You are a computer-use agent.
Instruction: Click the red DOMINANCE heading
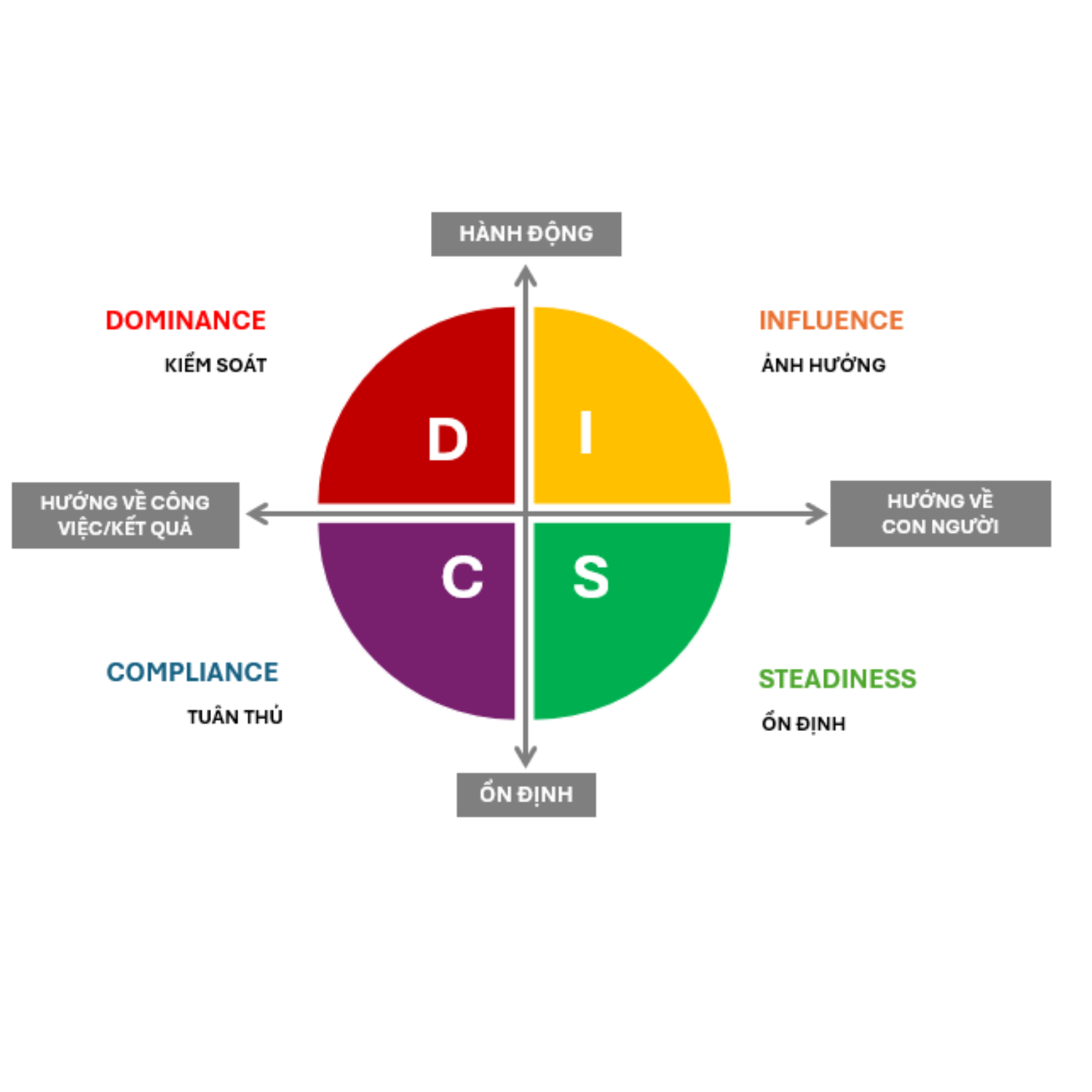(x=186, y=320)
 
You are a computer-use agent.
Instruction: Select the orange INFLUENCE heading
(x=831, y=320)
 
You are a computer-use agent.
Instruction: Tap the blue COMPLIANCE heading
(x=192, y=672)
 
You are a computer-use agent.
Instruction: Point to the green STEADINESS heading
(x=837, y=678)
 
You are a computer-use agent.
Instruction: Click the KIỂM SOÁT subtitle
(x=215, y=365)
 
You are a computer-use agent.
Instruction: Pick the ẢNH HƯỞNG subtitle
(x=823, y=365)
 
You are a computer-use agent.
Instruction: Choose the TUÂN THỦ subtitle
(x=234, y=717)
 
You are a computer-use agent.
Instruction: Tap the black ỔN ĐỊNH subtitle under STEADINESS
(x=804, y=724)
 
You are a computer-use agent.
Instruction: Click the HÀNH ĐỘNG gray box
(x=526, y=234)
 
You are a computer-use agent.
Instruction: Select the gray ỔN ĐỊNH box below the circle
(x=526, y=794)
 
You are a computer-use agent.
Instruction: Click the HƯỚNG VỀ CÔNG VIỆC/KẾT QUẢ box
(x=125, y=515)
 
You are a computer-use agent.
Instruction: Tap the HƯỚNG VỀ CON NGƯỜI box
(x=940, y=513)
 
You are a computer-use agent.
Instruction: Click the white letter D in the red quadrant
(x=447, y=440)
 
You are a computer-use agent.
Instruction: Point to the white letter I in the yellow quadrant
(x=586, y=432)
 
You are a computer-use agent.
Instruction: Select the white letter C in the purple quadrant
(x=462, y=577)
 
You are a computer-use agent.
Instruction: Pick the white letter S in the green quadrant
(x=590, y=577)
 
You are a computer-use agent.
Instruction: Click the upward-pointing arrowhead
(x=526, y=275)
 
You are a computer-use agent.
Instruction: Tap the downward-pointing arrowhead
(x=526, y=757)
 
